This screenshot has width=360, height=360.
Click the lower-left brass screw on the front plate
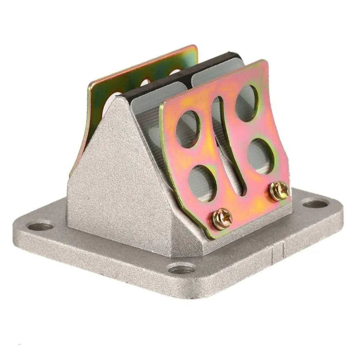point(222,219)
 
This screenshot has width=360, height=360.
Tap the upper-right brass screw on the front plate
point(279,191)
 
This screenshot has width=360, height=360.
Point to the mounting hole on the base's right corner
point(315,204)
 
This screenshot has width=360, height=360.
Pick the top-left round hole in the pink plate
point(188,129)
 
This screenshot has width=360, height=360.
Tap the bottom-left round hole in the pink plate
point(202,183)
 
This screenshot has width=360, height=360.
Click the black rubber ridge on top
point(180,72)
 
